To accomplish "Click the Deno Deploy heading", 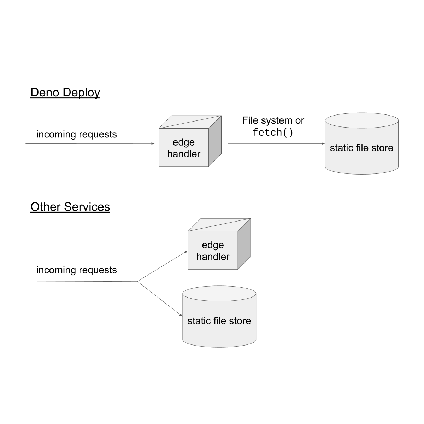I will [x=65, y=93].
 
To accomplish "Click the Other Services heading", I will [x=70, y=207].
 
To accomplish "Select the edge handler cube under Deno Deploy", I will [x=184, y=148].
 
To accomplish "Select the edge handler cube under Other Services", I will [x=213, y=251].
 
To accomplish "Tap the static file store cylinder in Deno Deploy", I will [x=361, y=148].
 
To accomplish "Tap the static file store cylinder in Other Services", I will [x=219, y=321].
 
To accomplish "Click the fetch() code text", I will [x=273, y=132].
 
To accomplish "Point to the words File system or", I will [x=273, y=120].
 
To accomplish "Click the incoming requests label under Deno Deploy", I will [x=76, y=134].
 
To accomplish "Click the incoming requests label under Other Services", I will [x=76, y=270].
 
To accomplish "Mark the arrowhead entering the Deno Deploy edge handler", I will [x=153, y=143].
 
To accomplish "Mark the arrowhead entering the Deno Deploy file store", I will [x=323, y=143].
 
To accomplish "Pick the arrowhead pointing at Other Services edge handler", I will [x=186, y=252].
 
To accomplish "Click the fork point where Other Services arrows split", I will [x=137, y=281].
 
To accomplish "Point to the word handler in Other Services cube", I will [x=213, y=257].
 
